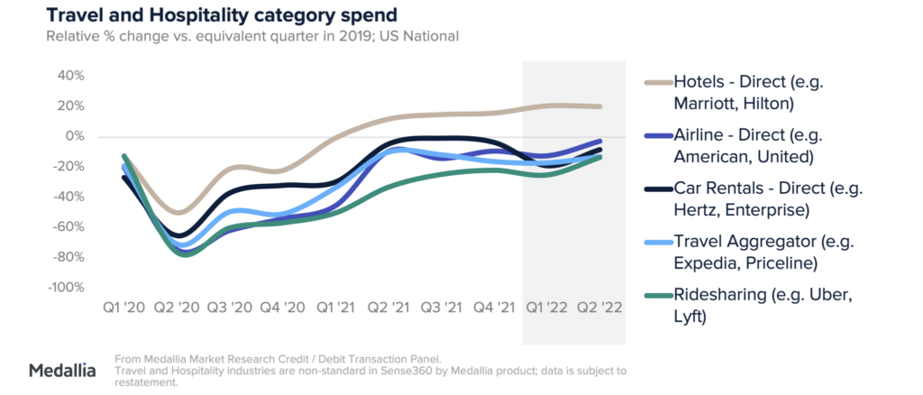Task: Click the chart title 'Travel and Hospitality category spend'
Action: [220, 15]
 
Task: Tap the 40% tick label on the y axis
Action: [70, 76]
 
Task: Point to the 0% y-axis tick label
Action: [74, 136]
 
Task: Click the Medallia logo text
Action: [62, 370]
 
